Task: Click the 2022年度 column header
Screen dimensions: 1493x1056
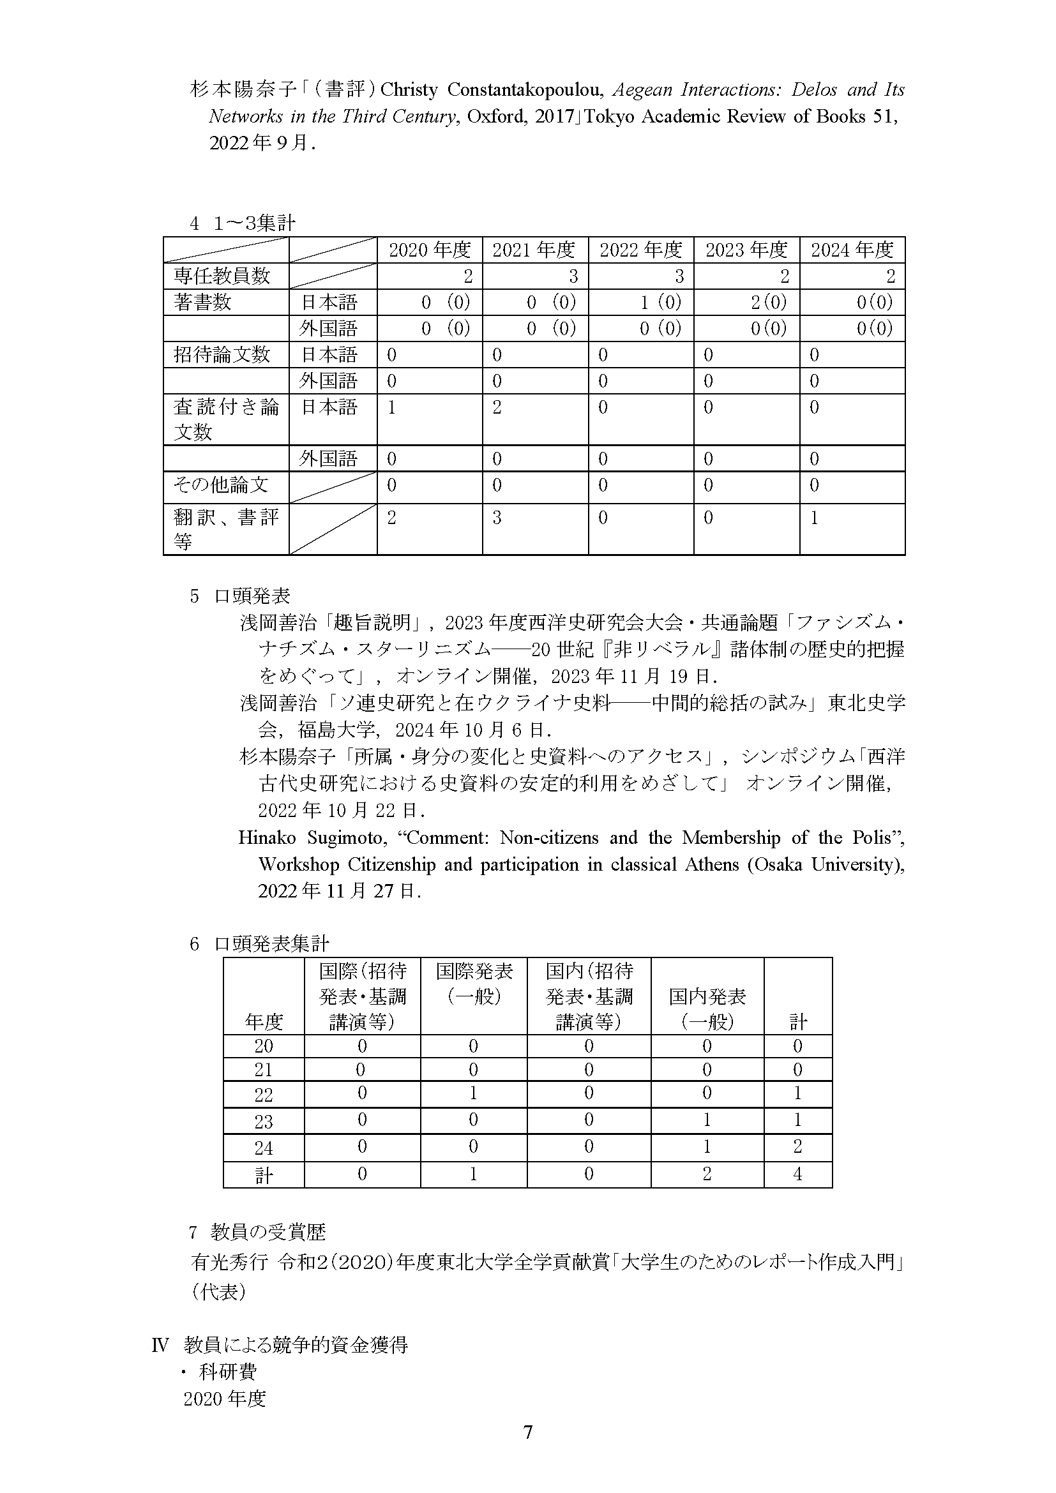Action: coord(640,250)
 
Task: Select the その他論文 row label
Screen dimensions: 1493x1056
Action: coord(221,484)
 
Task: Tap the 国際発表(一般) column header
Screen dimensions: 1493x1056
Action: coord(473,983)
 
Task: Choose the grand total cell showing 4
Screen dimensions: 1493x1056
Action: coord(797,1174)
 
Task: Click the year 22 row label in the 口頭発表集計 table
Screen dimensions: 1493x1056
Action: coord(263,1095)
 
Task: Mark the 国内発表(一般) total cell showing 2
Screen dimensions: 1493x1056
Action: coord(707,1174)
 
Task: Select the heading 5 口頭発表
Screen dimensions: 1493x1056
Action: coord(240,596)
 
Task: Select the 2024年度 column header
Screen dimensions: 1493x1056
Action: coord(852,250)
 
